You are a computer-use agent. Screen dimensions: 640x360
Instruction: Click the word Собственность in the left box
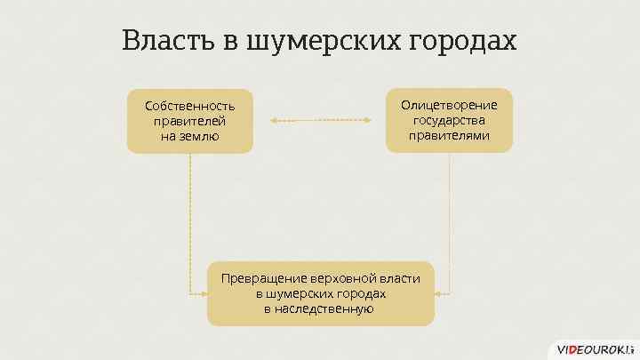(190, 106)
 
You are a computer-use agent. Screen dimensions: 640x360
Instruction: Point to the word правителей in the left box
(190, 121)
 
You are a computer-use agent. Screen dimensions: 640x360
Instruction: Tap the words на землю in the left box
(190, 136)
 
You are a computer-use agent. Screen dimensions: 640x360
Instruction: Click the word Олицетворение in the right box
(449, 105)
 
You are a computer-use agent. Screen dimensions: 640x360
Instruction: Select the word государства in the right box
(449, 120)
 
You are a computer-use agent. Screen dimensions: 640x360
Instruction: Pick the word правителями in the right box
(449, 135)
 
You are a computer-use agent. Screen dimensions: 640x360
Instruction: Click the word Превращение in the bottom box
(265, 278)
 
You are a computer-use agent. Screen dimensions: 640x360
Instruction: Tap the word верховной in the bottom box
(347, 278)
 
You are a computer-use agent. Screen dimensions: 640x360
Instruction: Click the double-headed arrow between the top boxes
(320, 120)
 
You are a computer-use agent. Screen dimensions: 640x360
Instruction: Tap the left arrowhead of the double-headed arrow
(274, 120)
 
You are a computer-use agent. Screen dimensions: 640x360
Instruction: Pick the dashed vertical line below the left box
(190, 222)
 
